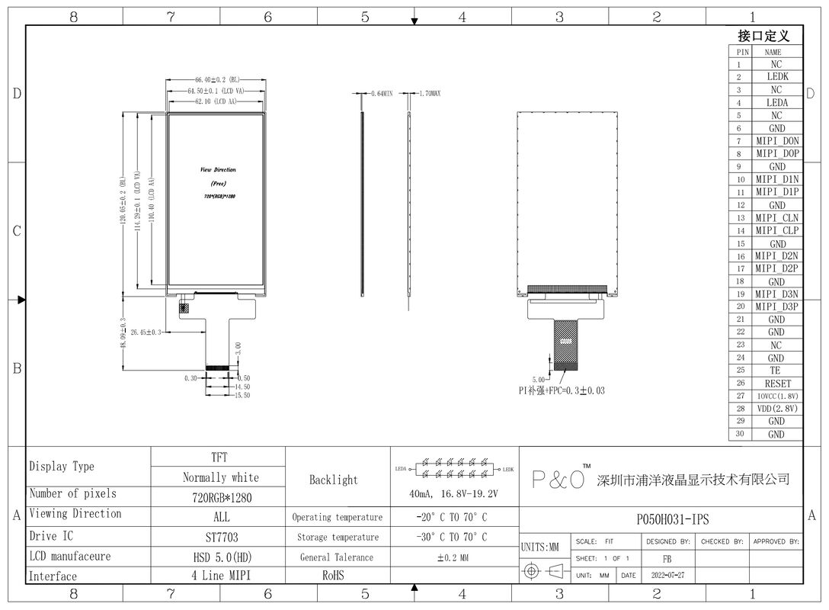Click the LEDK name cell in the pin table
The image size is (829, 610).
[776, 77]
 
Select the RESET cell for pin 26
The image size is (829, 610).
[776, 384]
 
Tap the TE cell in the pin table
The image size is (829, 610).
[776, 371]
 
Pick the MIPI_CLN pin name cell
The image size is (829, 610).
[776, 217]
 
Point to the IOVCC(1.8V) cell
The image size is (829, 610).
[776, 396]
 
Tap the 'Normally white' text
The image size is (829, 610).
[220, 477]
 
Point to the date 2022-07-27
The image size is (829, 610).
[668, 576]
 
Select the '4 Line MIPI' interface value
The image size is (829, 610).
[220, 576]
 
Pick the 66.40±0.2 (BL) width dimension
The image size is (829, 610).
[217, 79]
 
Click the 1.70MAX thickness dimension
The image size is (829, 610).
[430, 93]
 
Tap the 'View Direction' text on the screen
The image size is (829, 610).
[218, 169]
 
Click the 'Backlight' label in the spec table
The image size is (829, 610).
[333, 480]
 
